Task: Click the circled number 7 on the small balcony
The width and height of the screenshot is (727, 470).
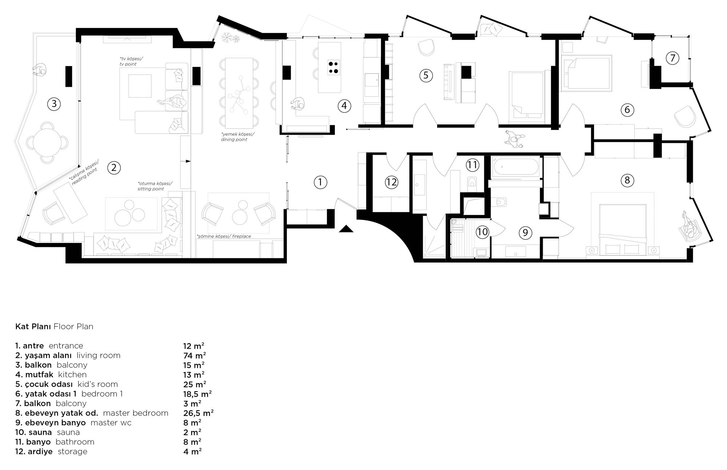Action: coord(672,58)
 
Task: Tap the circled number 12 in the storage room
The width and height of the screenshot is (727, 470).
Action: coord(391,182)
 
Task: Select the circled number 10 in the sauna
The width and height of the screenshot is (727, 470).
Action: coord(482,232)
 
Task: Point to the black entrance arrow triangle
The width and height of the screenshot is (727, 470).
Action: coord(346,229)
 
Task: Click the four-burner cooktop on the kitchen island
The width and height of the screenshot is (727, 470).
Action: coord(334,67)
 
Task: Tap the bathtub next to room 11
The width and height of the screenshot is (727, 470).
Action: coord(516,167)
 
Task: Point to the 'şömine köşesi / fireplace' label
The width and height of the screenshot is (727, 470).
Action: coord(224,236)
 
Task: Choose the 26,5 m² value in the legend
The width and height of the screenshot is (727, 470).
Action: coord(198,413)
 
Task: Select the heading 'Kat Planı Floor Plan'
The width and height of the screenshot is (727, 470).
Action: coord(54,326)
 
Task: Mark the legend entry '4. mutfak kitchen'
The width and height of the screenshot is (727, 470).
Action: coord(51,374)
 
